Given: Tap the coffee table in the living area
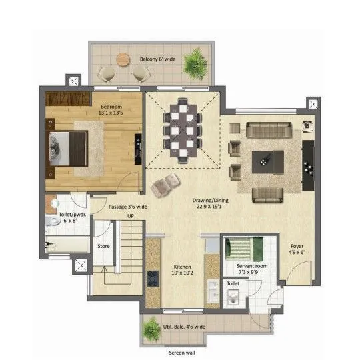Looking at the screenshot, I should click(x=268, y=161).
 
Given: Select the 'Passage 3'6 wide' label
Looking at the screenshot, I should click(x=129, y=207).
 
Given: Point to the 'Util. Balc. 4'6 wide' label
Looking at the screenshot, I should click(x=182, y=327).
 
